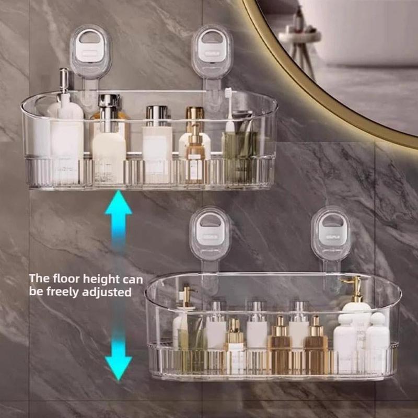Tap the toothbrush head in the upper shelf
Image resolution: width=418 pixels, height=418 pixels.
(x=228, y=95)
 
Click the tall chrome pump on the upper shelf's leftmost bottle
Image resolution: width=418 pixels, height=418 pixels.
(x=64, y=81)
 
